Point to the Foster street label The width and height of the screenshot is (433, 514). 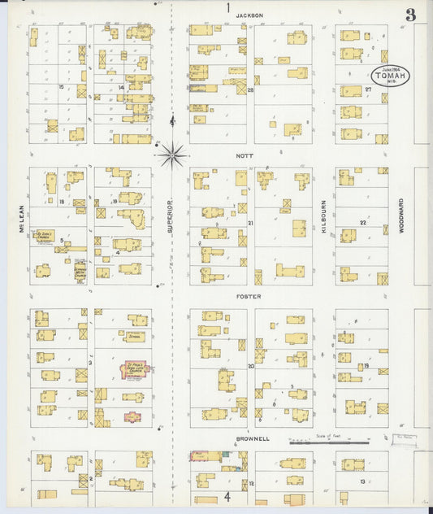249,297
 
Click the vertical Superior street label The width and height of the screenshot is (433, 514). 171,217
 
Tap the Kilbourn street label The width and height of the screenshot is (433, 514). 323,217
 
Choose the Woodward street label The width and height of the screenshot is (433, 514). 401,217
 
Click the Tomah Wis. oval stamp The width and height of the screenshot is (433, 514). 385,76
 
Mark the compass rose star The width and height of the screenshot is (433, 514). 172,153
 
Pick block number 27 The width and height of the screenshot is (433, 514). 368,89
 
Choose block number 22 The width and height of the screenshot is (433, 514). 363,222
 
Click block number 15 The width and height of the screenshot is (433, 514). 61,86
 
